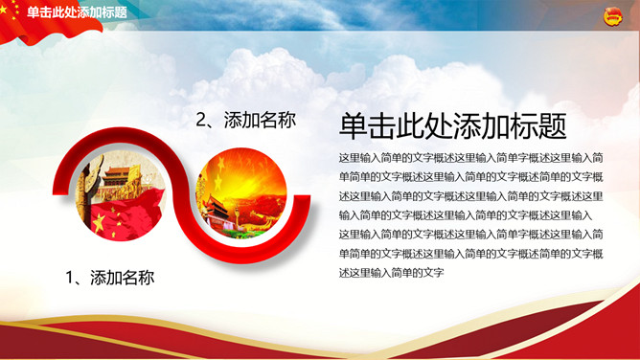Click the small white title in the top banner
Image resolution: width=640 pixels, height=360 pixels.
click(77, 12)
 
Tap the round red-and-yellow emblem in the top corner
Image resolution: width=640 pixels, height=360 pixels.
click(612, 17)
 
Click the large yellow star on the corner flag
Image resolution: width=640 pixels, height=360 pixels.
click(3, 9)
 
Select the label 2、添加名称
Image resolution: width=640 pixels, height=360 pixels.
click(245, 121)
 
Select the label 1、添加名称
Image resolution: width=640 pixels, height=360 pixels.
click(110, 278)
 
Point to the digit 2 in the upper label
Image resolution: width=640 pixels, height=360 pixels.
click(201, 121)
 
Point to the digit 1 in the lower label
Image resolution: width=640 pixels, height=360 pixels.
click(70, 278)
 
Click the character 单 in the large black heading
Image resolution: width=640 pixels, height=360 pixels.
click(353, 126)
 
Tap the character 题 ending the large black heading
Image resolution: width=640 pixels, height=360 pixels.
click(552, 126)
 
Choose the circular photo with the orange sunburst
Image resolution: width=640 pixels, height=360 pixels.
click(241, 193)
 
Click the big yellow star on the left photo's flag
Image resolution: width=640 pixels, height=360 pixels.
click(99, 222)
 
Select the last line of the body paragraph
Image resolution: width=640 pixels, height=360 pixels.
click(391, 273)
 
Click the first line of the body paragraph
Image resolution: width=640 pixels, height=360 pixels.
click(470, 158)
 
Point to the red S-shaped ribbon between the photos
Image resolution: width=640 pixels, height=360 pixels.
click(182, 195)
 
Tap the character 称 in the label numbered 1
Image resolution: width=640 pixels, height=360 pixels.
click(147, 278)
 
